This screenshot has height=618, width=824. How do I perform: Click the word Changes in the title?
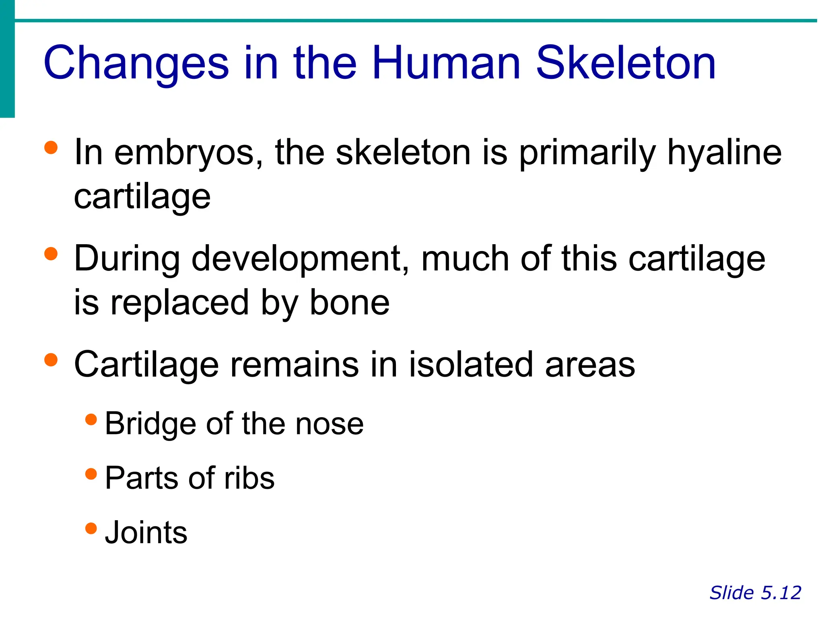136,64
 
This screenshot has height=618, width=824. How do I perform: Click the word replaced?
179,303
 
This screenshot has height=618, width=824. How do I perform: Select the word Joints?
146,532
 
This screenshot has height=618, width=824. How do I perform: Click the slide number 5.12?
781,593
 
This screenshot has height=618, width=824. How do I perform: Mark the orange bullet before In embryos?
51,148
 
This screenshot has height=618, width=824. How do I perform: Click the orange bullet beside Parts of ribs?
91,474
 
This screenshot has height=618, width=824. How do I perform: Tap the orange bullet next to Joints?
91,528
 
